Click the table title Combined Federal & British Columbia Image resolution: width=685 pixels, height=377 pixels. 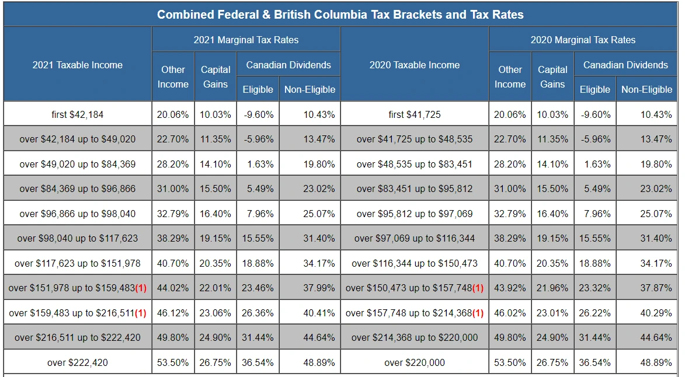click(x=340, y=15)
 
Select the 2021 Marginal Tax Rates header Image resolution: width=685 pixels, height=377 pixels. click(x=246, y=40)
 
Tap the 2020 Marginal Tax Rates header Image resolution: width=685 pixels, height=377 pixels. click(x=583, y=40)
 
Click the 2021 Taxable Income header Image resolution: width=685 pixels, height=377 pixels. click(x=78, y=65)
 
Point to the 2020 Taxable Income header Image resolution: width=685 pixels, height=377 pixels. click(x=415, y=65)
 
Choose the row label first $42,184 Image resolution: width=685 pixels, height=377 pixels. click(x=78, y=114)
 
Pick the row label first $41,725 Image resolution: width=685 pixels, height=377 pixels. click(x=415, y=114)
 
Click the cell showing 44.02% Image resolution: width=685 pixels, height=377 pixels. click(x=173, y=288)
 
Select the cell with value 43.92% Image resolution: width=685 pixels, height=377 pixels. click(x=510, y=288)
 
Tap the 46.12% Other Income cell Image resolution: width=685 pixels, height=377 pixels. click(x=173, y=313)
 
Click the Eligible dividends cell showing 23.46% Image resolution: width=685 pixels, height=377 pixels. click(x=258, y=288)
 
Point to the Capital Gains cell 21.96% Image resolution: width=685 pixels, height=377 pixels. click(x=552, y=288)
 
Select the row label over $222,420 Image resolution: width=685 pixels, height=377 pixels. click(x=78, y=362)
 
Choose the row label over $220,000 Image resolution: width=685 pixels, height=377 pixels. click(x=415, y=362)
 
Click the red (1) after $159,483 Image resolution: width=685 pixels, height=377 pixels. click(x=140, y=313)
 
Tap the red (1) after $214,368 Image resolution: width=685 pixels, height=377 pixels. click(x=478, y=313)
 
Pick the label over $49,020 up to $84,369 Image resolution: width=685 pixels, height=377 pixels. click(x=78, y=164)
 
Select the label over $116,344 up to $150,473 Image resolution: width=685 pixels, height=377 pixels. click(x=415, y=263)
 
